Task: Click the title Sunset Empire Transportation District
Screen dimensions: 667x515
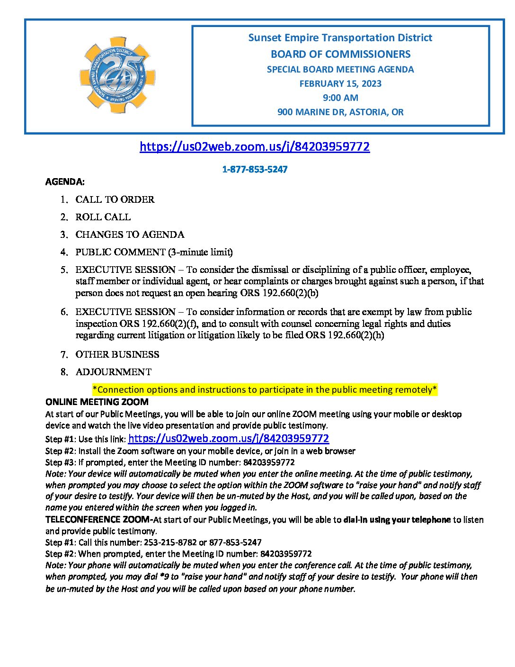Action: coord(340,38)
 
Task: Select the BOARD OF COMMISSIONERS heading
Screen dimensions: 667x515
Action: coord(340,54)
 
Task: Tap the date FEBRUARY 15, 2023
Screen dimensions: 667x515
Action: coord(340,84)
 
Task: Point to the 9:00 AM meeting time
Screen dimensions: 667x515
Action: coord(340,98)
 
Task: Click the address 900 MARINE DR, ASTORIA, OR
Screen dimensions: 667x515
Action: coord(340,112)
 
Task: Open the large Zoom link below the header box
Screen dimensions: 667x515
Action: coord(255,146)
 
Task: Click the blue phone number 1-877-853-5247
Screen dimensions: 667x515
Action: coord(255,170)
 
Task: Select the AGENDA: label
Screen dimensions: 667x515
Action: coord(65,182)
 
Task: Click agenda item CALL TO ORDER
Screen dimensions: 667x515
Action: coord(115,199)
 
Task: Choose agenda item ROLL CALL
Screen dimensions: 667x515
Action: coord(103,217)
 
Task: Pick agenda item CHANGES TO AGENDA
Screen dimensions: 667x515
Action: coord(130,234)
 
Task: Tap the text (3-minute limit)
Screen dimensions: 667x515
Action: coord(200,252)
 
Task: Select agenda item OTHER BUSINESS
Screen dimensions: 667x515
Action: coord(117,354)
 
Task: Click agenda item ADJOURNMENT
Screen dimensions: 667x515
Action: coord(114,372)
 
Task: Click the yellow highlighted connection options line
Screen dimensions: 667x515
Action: coord(265,390)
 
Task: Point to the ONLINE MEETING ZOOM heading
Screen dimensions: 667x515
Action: coord(97,402)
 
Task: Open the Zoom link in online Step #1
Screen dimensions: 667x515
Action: coord(229,439)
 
